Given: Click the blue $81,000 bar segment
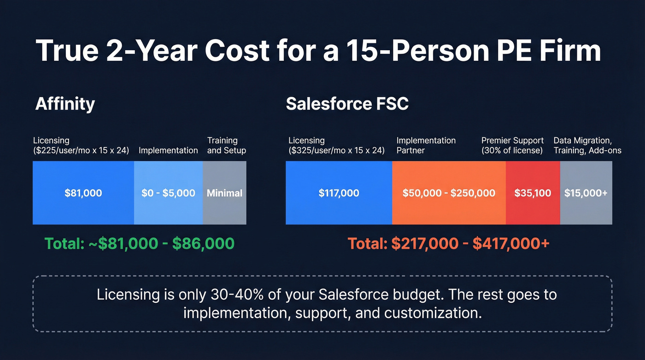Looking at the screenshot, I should click(x=83, y=193).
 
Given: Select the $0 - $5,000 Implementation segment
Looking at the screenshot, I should click(x=168, y=193).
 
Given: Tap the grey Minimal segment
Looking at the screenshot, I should click(x=224, y=193).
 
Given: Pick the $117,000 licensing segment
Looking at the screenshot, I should click(x=339, y=193).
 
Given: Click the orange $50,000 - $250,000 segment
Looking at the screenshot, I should click(x=449, y=193).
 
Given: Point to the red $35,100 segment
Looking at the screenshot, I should click(x=533, y=193).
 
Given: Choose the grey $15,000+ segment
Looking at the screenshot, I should click(x=586, y=193).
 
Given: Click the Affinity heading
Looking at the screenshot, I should click(x=65, y=104).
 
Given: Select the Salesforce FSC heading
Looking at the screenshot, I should click(x=347, y=104).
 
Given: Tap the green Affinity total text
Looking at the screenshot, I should click(x=139, y=243).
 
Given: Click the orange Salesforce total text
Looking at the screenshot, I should click(x=448, y=243).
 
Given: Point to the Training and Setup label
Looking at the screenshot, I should click(x=226, y=145).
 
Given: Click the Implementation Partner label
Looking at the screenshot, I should click(x=426, y=145).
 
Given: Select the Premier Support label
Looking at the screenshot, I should click(x=512, y=145).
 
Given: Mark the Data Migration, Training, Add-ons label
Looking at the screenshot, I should click(x=587, y=145).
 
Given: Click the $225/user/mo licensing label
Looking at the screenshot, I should click(x=81, y=145).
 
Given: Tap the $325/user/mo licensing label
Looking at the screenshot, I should click(x=336, y=145).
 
